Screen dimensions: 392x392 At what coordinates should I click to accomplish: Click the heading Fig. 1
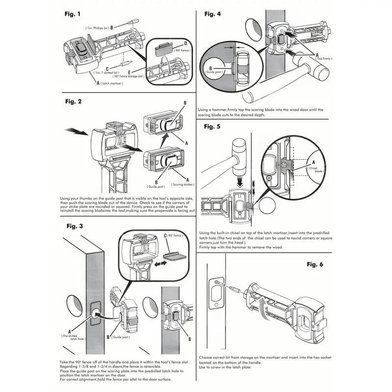73,14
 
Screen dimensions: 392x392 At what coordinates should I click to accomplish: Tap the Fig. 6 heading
315,264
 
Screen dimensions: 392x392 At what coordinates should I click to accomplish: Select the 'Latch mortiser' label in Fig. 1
109,84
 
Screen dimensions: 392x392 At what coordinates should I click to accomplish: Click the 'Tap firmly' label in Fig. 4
324,59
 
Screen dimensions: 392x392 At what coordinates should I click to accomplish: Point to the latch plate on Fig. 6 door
216,294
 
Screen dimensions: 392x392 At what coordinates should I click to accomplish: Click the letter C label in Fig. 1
107,69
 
